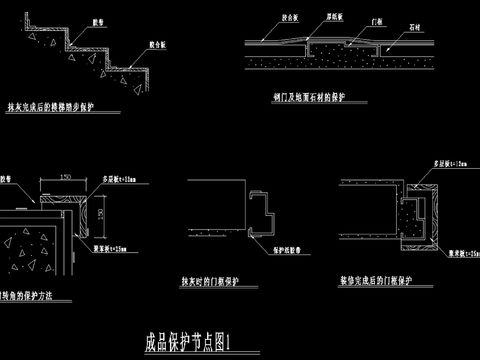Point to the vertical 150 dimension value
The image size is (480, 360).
click(100, 214)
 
